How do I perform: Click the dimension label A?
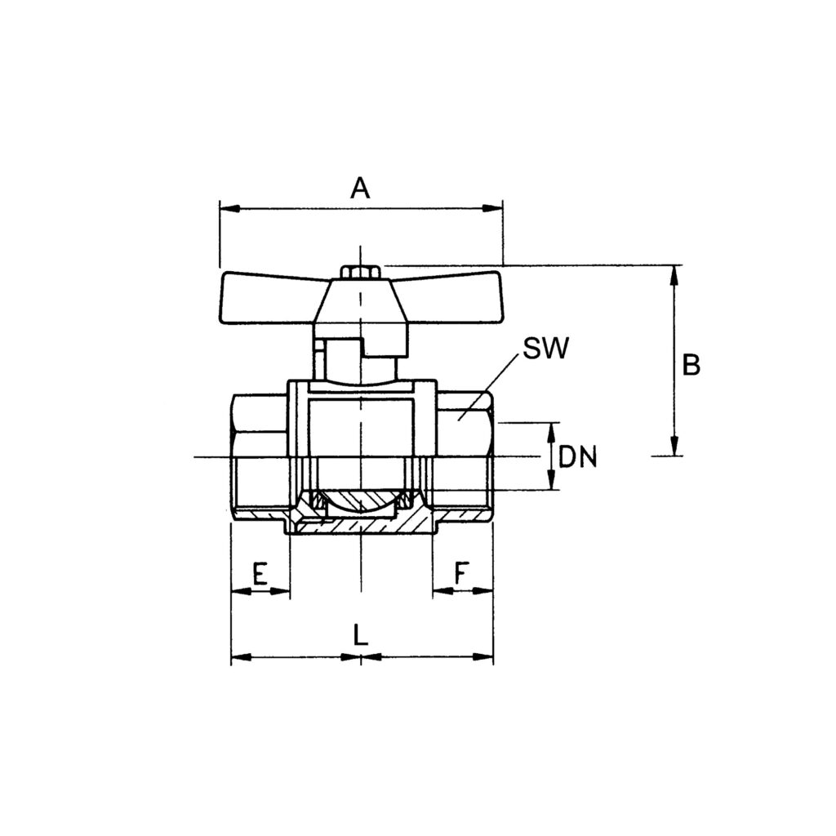tap(360, 189)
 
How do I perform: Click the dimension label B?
tap(691, 365)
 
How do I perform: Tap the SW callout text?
tap(545, 349)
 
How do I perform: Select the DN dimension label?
tap(578, 457)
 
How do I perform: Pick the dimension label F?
tap(461, 573)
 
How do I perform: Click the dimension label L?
tap(361, 634)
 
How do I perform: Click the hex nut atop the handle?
tap(360, 272)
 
